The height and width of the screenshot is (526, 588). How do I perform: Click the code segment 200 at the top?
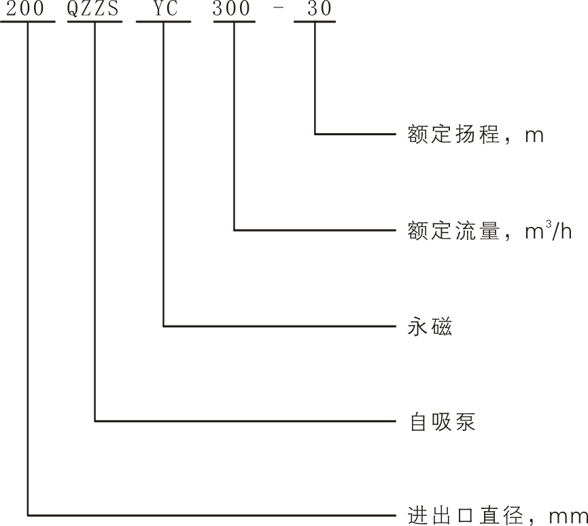coord(27,10)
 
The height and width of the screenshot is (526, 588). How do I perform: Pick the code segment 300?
coord(235,10)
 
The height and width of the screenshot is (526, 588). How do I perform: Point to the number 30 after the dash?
coord(315,10)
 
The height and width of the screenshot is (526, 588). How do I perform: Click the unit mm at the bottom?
coord(568,516)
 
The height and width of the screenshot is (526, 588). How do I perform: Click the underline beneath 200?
coord(27,21)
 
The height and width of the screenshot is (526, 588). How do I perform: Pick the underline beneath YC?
coord(164,21)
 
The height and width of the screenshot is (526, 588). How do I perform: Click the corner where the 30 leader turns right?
coord(315,134)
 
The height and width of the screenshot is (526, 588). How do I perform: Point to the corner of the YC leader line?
coord(164,326)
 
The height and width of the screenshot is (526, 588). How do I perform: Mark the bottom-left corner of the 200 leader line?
coord(27,514)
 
